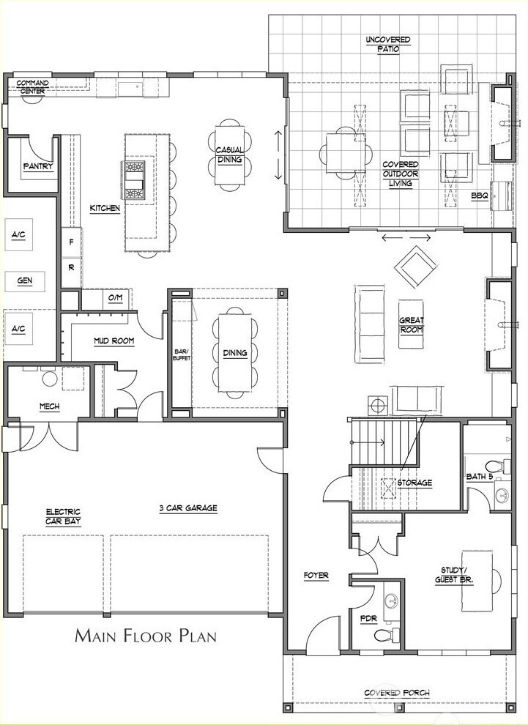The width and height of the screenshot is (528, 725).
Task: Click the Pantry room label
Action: click(38, 166)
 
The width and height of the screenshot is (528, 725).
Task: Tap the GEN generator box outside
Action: click(25, 281)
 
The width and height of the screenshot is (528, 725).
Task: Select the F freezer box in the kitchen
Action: click(72, 242)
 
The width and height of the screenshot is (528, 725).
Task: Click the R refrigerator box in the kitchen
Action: click(72, 268)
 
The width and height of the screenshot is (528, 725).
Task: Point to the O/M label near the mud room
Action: click(115, 298)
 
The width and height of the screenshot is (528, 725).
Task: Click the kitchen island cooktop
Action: click(135, 182)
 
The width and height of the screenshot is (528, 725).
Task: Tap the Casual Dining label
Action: click(230, 155)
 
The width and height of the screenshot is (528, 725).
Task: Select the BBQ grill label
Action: click(480, 196)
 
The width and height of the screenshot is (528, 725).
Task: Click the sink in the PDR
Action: click(393, 601)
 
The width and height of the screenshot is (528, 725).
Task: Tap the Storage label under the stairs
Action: click(414, 483)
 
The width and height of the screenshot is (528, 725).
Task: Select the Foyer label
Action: click(316, 576)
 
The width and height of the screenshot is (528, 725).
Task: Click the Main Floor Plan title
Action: click(146, 636)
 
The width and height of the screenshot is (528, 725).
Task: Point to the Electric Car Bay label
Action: click(63, 516)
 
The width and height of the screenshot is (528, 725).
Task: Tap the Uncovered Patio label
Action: click(388, 45)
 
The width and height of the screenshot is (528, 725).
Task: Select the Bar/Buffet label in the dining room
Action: click(182, 354)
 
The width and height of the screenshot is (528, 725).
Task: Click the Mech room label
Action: click(50, 406)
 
